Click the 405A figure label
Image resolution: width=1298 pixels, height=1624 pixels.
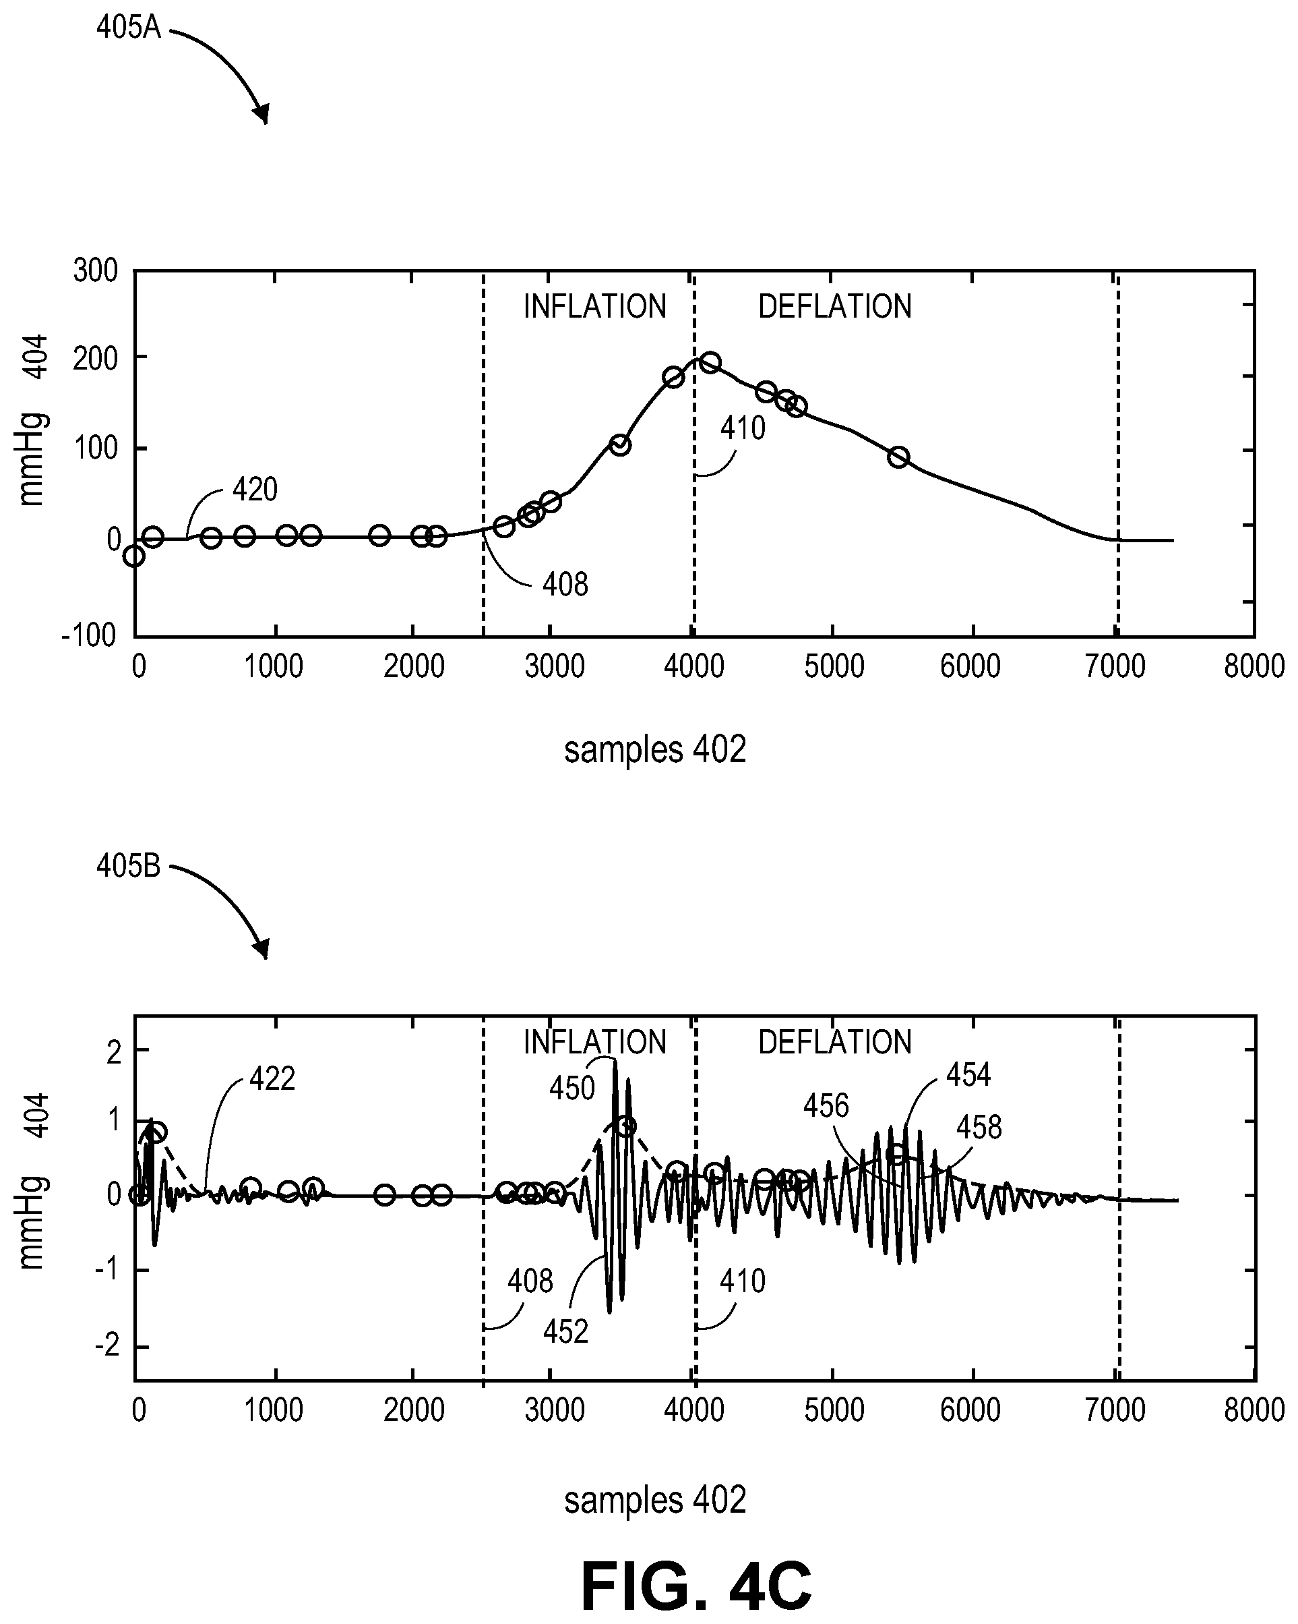pos(129,27)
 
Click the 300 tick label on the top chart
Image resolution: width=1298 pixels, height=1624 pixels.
pos(96,270)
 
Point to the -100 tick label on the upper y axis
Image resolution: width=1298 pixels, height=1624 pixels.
pos(89,635)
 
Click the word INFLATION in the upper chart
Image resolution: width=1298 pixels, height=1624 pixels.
pos(595,307)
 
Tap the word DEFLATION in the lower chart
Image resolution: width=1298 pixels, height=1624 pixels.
pos(835,1043)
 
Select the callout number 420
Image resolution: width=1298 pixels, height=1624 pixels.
pos(255,490)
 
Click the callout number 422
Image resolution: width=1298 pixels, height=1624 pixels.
pos(272,1079)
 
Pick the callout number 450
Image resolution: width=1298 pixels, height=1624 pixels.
pos(572,1089)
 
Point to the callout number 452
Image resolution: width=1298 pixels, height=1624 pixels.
pos(565,1332)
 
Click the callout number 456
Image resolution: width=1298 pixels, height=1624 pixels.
pos(826,1106)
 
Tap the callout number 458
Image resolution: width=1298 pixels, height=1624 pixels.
pos(979,1128)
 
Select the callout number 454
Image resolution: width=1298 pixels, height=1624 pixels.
pos(969,1075)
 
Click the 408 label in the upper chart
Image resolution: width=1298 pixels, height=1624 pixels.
pos(565,585)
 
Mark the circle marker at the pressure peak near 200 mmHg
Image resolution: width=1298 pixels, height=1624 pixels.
pos(709,362)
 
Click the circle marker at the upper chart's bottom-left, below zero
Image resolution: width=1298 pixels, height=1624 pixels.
pos(134,556)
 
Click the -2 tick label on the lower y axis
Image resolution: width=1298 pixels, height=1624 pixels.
pos(108,1346)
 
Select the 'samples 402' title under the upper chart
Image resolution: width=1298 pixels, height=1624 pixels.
pos(655,750)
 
